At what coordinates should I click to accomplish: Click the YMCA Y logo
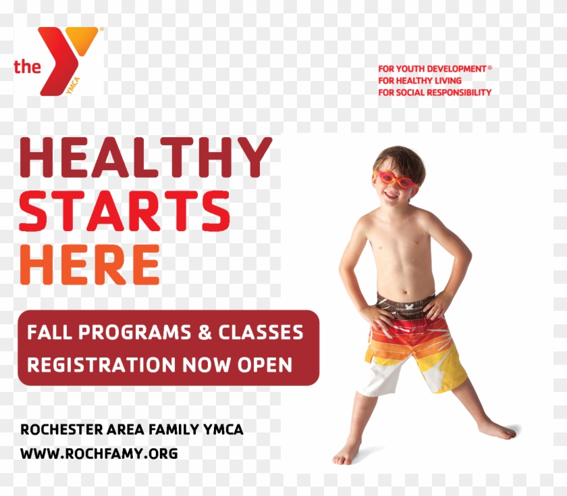point(67,59)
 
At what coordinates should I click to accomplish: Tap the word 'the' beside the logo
point(26,66)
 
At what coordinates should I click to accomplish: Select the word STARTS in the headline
point(125,211)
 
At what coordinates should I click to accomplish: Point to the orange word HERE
point(90,264)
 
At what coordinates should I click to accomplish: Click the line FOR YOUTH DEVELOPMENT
point(432,69)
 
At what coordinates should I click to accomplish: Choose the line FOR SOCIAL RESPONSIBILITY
point(435,92)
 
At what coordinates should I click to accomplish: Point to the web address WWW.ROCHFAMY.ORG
point(99,453)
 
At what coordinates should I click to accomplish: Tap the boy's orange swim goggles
point(396,179)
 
